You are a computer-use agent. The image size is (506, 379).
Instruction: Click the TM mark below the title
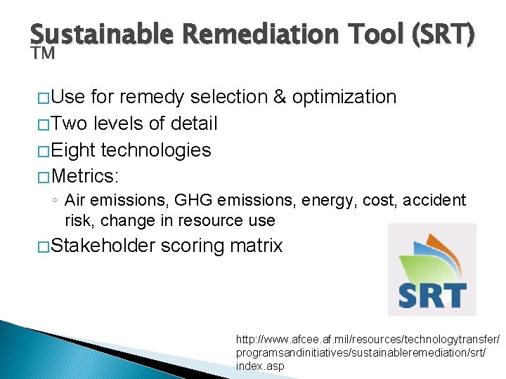42,54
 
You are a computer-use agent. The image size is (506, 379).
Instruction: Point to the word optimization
345,97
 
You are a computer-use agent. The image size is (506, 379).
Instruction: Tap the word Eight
74,150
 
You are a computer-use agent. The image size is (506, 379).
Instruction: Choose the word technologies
156,150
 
